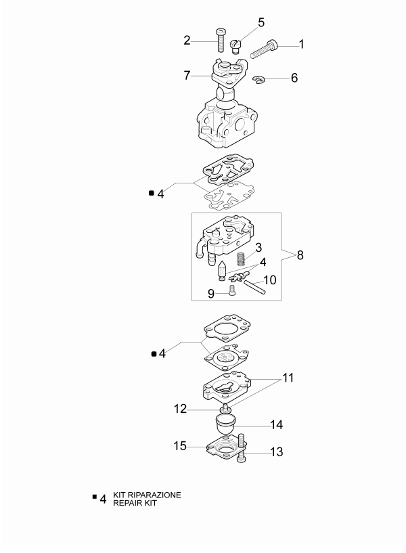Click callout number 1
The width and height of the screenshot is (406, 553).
click(x=301, y=44)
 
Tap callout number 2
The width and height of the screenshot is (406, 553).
click(x=187, y=41)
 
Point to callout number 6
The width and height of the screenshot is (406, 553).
click(x=294, y=78)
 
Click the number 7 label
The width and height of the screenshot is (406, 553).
click(x=187, y=75)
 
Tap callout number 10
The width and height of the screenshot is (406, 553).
click(x=269, y=280)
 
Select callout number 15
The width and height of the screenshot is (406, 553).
click(x=181, y=446)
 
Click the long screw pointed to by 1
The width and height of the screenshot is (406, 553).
click(x=265, y=49)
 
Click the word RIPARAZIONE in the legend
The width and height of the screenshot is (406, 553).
click(x=156, y=495)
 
